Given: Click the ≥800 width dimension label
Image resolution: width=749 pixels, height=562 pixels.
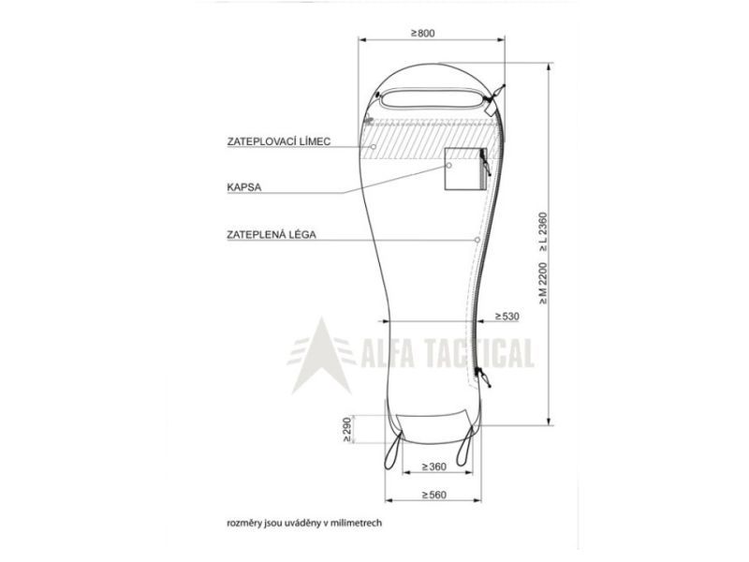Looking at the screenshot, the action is click(x=423, y=33).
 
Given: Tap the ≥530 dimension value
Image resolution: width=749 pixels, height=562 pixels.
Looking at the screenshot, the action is click(x=507, y=316).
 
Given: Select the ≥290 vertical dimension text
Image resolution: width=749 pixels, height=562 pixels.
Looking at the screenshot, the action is click(x=347, y=430).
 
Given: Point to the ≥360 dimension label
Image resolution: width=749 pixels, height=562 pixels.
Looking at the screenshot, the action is click(x=434, y=466).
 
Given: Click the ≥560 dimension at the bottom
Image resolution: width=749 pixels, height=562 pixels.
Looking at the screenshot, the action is click(x=434, y=495).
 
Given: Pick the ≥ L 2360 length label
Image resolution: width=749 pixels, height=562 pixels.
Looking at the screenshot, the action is click(x=543, y=232).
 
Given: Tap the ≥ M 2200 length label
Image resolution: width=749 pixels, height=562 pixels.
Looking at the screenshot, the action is click(x=543, y=283).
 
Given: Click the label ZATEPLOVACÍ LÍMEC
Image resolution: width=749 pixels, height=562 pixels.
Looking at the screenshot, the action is click(x=279, y=141).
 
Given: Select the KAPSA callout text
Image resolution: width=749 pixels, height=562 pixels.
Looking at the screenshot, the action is click(x=244, y=187).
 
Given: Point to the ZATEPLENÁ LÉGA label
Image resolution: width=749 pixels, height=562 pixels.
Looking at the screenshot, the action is click(x=272, y=235).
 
